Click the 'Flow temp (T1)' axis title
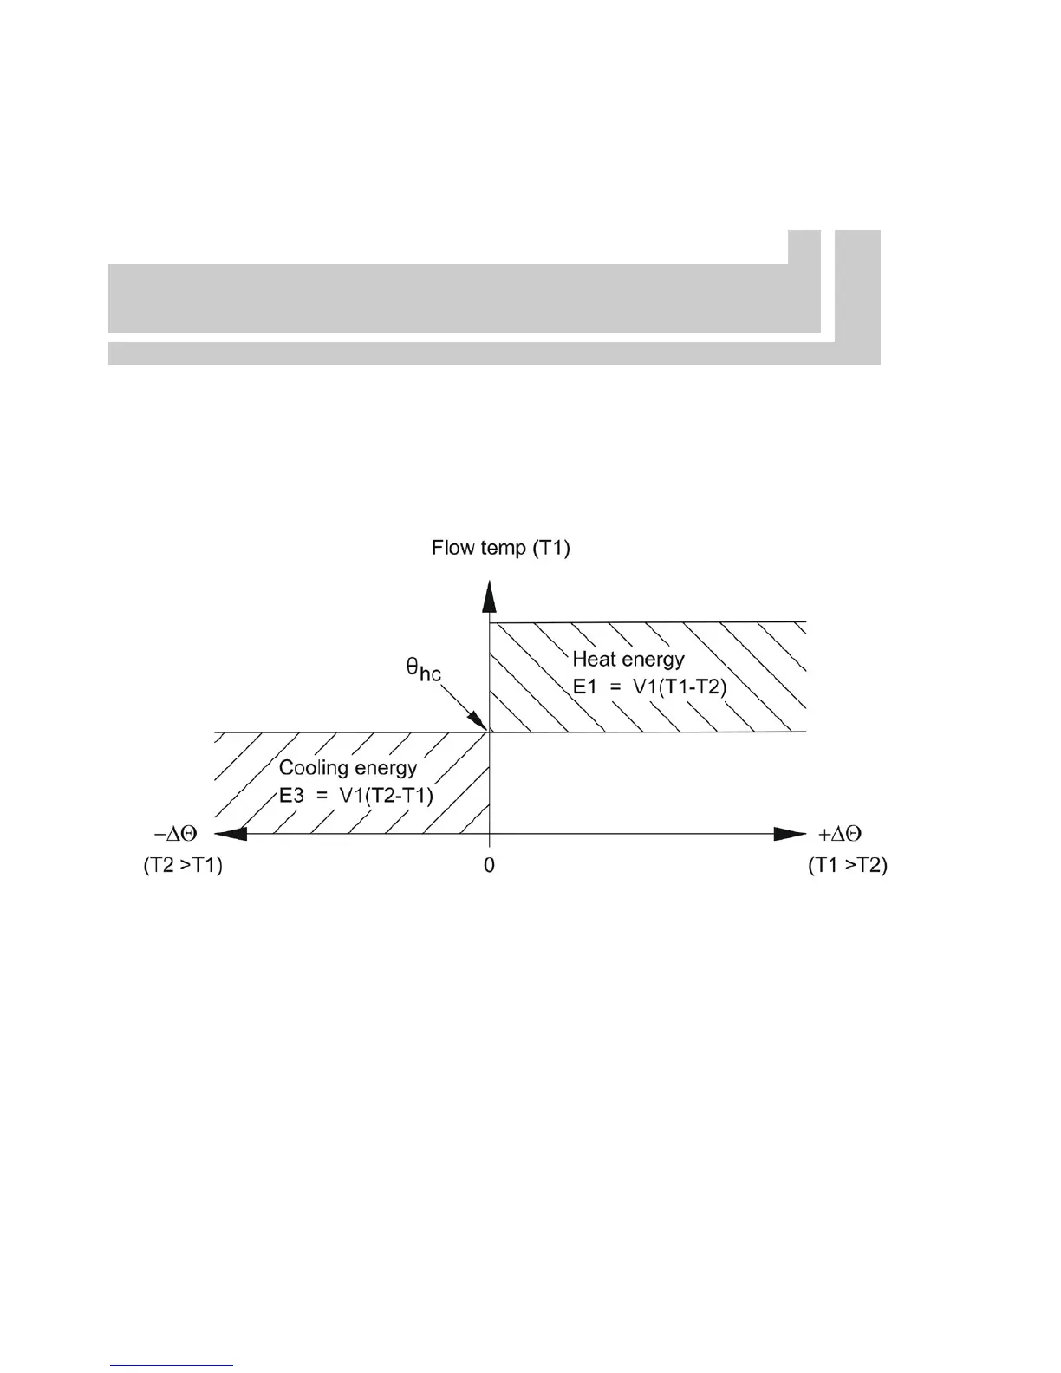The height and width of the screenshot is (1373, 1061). (501, 549)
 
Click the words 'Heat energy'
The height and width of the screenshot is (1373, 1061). (628, 660)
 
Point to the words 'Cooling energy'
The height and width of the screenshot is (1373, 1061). (348, 768)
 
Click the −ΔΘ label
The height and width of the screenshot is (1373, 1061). (176, 834)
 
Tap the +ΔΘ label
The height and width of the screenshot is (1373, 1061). (841, 834)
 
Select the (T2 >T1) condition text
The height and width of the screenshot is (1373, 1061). (183, 865)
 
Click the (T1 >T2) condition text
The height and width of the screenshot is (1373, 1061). (847, 865)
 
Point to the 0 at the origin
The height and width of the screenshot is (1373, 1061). (490, 865)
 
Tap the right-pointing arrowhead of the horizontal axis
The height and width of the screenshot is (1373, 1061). (789, 834)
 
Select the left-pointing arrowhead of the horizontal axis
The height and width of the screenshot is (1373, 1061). (231, 834)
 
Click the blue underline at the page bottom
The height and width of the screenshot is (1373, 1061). (172, 1365)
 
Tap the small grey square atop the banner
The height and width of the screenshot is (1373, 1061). (804, 246)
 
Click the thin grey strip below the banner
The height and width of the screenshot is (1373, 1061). (468, 354)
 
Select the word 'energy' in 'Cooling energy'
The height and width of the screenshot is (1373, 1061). (385, 768)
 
